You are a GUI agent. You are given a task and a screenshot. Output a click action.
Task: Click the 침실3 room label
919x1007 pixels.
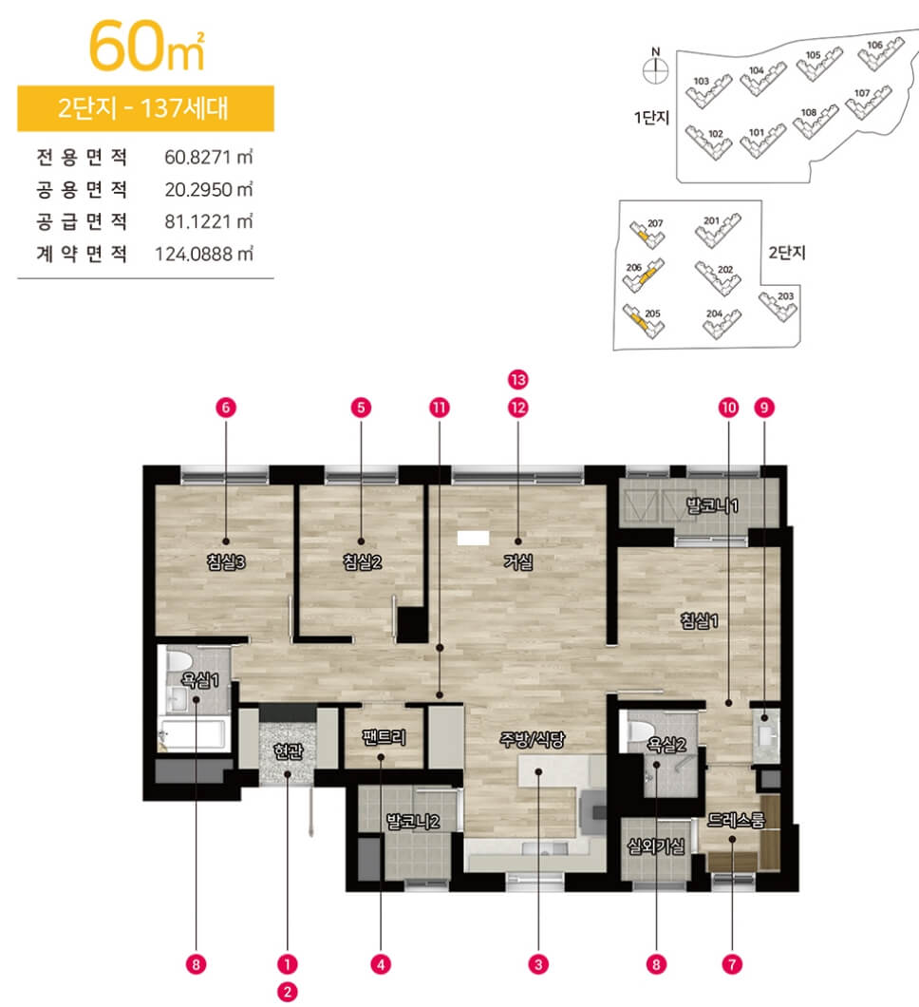pyautogui.click(x=226, y=562)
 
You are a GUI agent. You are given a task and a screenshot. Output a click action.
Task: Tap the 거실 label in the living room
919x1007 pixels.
pyautogui.click(x=518, y=562)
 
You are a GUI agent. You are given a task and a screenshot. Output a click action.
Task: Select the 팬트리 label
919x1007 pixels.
pyautogui.click(x=384, y=736)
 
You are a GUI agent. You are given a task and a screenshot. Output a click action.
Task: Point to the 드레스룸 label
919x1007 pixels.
pyautogui.click(x=736, y=820)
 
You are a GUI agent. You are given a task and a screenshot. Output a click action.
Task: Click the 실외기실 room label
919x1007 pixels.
pyautogui.click(x=656, y=847)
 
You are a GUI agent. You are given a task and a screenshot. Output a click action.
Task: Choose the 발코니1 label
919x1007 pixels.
pyautogui.click(x=712, y=505)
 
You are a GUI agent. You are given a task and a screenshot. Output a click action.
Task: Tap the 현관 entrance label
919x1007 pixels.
pyautogui.click(x=288, y=750)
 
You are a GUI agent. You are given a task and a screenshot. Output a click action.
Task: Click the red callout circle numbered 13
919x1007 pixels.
pyautogui.click(x=518, y=380)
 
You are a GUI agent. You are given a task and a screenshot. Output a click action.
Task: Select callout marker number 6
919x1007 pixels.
pyautogui.click(x=225, y=408)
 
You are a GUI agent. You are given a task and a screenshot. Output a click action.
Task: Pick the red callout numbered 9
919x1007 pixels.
pyautogui.click(x=763, y=408)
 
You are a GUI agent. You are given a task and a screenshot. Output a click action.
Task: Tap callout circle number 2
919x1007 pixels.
pyautogui.click(x=287, y=992)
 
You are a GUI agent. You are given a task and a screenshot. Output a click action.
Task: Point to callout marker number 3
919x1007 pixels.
pyautogui.click(x=537, y=964)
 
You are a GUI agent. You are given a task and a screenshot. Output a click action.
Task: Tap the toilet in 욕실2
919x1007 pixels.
pyautogui.click(x=642, y=731)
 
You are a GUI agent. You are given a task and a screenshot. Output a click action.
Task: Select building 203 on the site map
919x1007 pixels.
pyautogui.click(x=778, y=306)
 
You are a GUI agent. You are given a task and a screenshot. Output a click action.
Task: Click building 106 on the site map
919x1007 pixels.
pyautogui.click(x=880, y=53)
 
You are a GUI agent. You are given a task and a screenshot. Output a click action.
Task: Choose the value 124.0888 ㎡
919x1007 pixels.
pyautogui.click(x=204, y=254)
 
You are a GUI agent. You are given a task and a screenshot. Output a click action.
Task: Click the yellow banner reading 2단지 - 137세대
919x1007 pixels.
pyautogui.click(x=145, y=108)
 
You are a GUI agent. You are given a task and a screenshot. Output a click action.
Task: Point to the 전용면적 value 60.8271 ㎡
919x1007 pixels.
pyautogui.click(x=209, y=158)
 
